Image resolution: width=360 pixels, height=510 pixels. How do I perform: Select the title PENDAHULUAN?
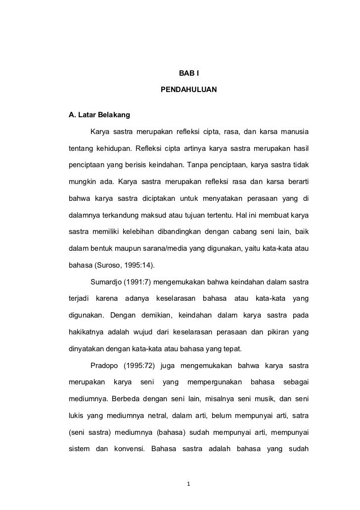(x=188, y=92)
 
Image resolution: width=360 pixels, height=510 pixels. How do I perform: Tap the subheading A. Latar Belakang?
(x=99, y=116)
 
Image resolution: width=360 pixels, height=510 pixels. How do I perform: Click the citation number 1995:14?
(x=138, y=264)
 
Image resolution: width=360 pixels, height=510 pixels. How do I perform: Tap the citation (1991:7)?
(x=144, y=282)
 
